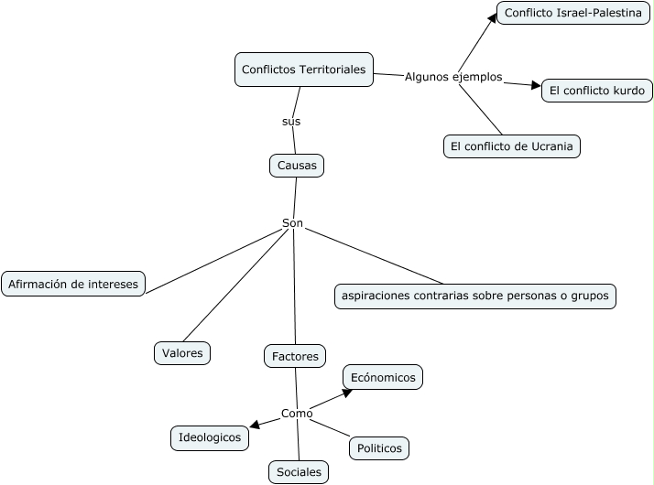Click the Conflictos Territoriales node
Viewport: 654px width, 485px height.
pos(303,70)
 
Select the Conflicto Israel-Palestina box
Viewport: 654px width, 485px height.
pos(572,13)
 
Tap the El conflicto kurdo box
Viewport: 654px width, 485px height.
pos(597,91)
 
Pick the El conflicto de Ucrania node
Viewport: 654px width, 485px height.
pos(512,146)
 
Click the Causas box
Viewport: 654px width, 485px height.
pos(297,166)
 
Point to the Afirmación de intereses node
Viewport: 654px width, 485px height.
pos(73,284)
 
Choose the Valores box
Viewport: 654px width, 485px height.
pos(182,352)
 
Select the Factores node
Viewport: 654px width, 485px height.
pos(295,356)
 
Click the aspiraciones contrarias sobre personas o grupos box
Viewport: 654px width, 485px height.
pos(474,296)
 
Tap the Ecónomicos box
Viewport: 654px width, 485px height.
pos(383,377)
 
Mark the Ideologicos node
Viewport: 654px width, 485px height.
pos(210,438)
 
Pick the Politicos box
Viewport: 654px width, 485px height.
pos(379,448)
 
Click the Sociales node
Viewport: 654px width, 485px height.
pos(298,472)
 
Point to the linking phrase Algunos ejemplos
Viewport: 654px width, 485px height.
pos(453,77)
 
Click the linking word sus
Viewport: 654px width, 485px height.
pos(291,121)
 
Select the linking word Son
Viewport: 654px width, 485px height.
pos(292,223)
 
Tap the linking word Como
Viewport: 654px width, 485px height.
pos(297,414)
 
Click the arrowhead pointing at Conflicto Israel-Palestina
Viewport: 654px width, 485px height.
pos(493,16)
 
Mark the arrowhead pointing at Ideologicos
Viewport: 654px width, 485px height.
pos(254,425)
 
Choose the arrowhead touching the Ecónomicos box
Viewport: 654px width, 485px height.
pos(347,392)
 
